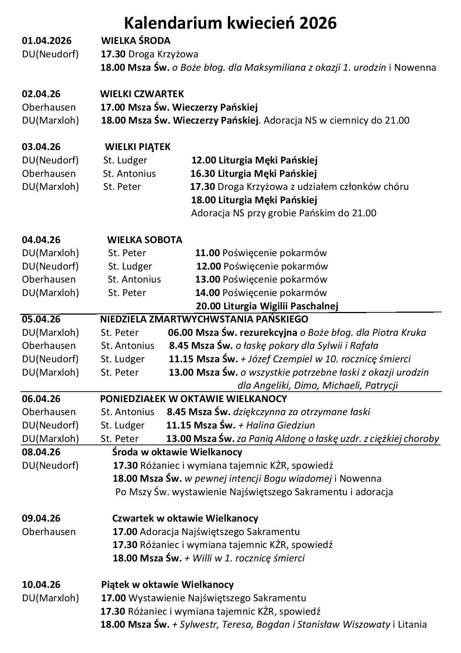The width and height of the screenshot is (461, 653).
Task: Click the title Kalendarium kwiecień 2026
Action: click(x=230, y=23)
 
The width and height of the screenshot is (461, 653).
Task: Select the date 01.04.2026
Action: click(x=46, y=41)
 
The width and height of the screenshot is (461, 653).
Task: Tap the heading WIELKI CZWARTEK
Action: click(x=142, y=94)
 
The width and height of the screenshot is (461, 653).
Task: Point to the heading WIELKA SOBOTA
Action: click(x=145, y=240)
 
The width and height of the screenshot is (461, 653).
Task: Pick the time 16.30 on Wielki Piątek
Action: click(x=203, y=173)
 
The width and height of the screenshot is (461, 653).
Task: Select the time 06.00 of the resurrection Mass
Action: click(x=180, y=332)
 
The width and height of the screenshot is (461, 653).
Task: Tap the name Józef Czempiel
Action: click(x=273, y=359)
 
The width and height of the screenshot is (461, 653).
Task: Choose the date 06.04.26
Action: click(x=41, y=399)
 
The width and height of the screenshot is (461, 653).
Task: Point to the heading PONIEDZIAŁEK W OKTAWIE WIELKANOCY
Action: click(x=193, y=399)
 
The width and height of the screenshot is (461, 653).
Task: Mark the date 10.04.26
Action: click(x=41, y=584)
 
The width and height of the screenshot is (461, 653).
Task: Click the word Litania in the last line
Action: click(x=412, y=624)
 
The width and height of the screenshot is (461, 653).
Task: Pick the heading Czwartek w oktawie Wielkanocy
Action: click(x=185, y=518)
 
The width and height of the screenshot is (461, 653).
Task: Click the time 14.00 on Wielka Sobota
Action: click(x=207, y=293)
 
